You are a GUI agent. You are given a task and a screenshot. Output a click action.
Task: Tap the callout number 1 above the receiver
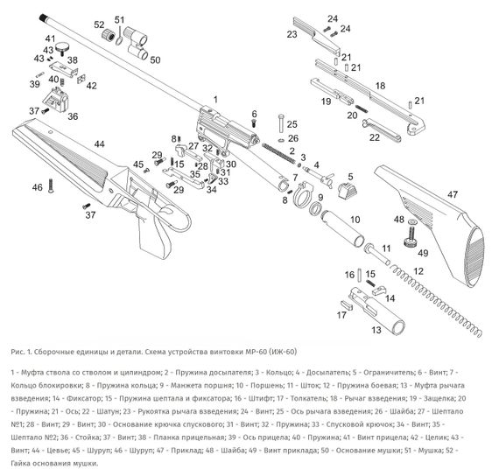point(215,100)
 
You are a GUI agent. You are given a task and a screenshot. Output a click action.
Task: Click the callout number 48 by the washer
point(398,220)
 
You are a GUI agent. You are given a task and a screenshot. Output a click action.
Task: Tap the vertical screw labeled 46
point(52,186)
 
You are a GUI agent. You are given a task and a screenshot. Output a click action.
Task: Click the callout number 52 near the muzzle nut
point(99,24)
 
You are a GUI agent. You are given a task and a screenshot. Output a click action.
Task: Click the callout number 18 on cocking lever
point(380,85)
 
